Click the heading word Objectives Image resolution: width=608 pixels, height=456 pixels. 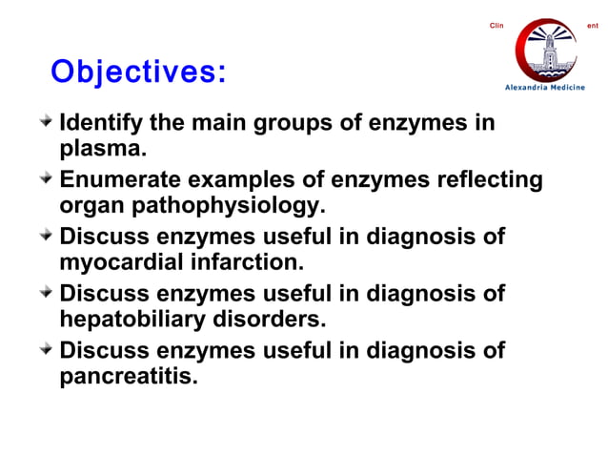pos(138,73)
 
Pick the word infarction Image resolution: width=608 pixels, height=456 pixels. pos(240,260)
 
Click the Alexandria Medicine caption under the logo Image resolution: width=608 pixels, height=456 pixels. pos(545,88)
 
